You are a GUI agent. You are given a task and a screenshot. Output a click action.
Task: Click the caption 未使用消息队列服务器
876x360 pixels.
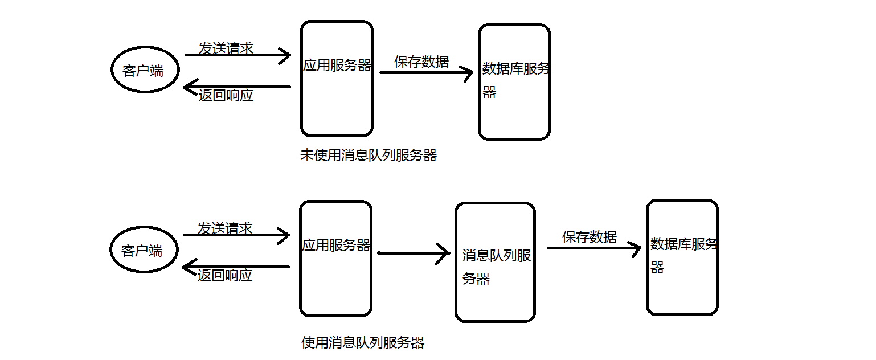pos(368,156)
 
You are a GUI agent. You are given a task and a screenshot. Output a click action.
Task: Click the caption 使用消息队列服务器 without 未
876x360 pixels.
pos(363,342)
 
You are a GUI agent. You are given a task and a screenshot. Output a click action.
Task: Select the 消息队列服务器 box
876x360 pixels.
pos(495,262)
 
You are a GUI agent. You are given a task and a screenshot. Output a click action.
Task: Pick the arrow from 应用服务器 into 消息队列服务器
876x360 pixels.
pos(414,253)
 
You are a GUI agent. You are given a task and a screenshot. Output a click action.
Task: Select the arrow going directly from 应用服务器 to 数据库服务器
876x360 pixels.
pos(426,73)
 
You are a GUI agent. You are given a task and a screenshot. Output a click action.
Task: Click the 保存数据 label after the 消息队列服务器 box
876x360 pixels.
pos(589,237)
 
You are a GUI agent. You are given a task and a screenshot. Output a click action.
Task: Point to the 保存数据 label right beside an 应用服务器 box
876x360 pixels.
pos(421,62)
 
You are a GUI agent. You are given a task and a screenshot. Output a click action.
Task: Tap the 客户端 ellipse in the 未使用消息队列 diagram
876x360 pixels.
pos(145,70)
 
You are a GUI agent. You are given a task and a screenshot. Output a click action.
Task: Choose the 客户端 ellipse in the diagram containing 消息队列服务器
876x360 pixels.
pos(144,251)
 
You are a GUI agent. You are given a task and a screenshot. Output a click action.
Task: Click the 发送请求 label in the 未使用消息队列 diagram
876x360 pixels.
pos(226,48)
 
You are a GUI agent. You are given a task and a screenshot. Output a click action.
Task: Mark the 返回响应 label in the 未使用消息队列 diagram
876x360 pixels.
pos(226,95)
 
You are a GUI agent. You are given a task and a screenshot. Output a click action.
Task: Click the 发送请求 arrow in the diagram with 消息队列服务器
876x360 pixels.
pos(236,235)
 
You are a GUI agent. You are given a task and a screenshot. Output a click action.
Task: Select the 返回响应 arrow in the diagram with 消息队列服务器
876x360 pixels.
pos(236,267)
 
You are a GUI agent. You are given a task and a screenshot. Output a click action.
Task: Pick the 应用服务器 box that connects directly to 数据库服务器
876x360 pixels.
pos(337,79)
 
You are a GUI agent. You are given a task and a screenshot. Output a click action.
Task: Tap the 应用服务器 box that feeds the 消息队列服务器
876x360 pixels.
pos(335,259)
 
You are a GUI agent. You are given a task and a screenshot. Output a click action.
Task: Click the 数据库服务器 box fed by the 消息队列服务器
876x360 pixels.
pos(682,257)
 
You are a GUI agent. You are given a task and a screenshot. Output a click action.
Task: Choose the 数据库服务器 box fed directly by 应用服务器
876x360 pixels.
pos(514,82)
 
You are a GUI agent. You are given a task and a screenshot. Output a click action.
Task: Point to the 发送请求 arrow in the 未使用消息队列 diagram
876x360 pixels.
pos(238,55)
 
